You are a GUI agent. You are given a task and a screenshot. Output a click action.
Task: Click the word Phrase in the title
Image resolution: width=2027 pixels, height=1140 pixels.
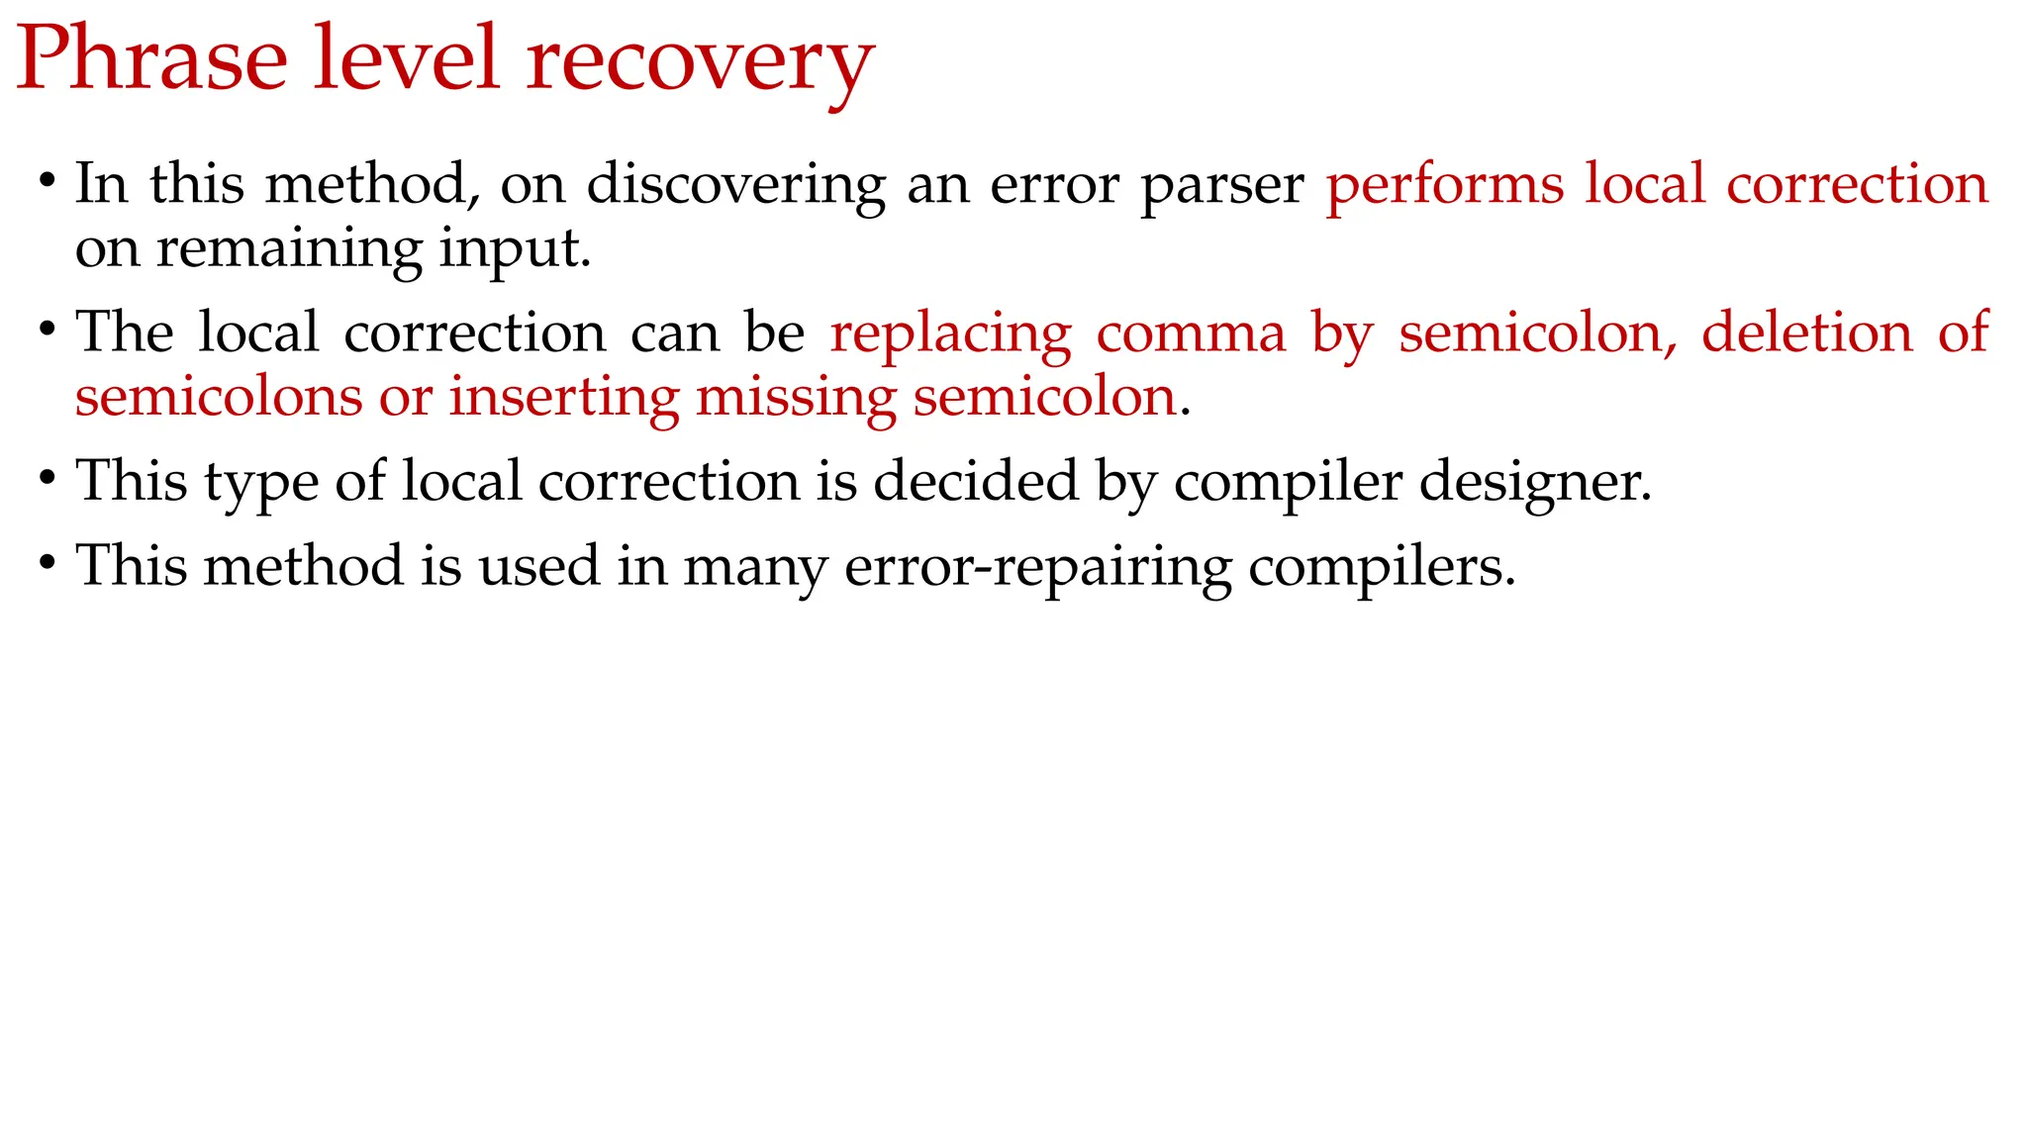click(151, 59)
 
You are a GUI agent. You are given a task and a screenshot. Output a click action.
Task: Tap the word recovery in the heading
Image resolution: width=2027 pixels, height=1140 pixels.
click(700, 61)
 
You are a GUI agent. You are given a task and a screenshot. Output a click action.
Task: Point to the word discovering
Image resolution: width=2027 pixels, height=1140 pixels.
click(736, 186)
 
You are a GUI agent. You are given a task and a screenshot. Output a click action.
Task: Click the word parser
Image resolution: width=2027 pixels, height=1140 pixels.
click(1222, 186)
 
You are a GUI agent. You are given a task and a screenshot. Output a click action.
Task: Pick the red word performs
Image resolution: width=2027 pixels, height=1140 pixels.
click(1445, 186)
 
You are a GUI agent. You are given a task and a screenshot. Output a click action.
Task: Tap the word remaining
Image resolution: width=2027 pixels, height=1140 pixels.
click(289, 249)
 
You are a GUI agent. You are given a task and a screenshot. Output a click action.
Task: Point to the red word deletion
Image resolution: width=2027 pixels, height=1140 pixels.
click(1807, 332)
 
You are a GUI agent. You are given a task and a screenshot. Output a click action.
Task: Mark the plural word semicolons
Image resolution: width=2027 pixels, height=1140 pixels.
click(219, 398)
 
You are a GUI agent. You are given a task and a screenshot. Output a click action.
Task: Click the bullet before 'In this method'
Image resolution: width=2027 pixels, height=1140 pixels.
click(47, 182)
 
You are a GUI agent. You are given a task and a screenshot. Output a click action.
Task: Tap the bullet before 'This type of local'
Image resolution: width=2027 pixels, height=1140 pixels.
click(47, 479)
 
